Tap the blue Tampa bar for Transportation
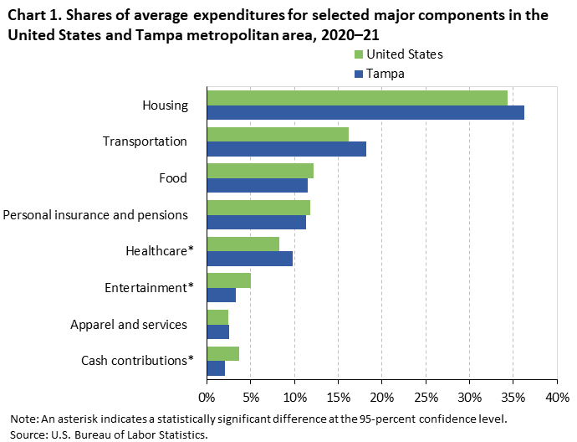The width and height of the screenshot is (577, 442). [x=286, y=149]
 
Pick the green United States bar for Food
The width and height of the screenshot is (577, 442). [x=260, y=171]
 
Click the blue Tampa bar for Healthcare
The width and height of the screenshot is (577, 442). [x=249, y=259]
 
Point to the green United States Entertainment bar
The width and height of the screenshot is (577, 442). [x=228, y=280]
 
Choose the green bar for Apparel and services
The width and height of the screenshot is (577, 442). [x=217, y=316]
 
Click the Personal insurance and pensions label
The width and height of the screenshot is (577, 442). [x=95, y=215]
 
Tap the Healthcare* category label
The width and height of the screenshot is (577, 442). [x=159, y=251]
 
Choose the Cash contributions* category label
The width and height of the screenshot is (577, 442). [x=137, y=361]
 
